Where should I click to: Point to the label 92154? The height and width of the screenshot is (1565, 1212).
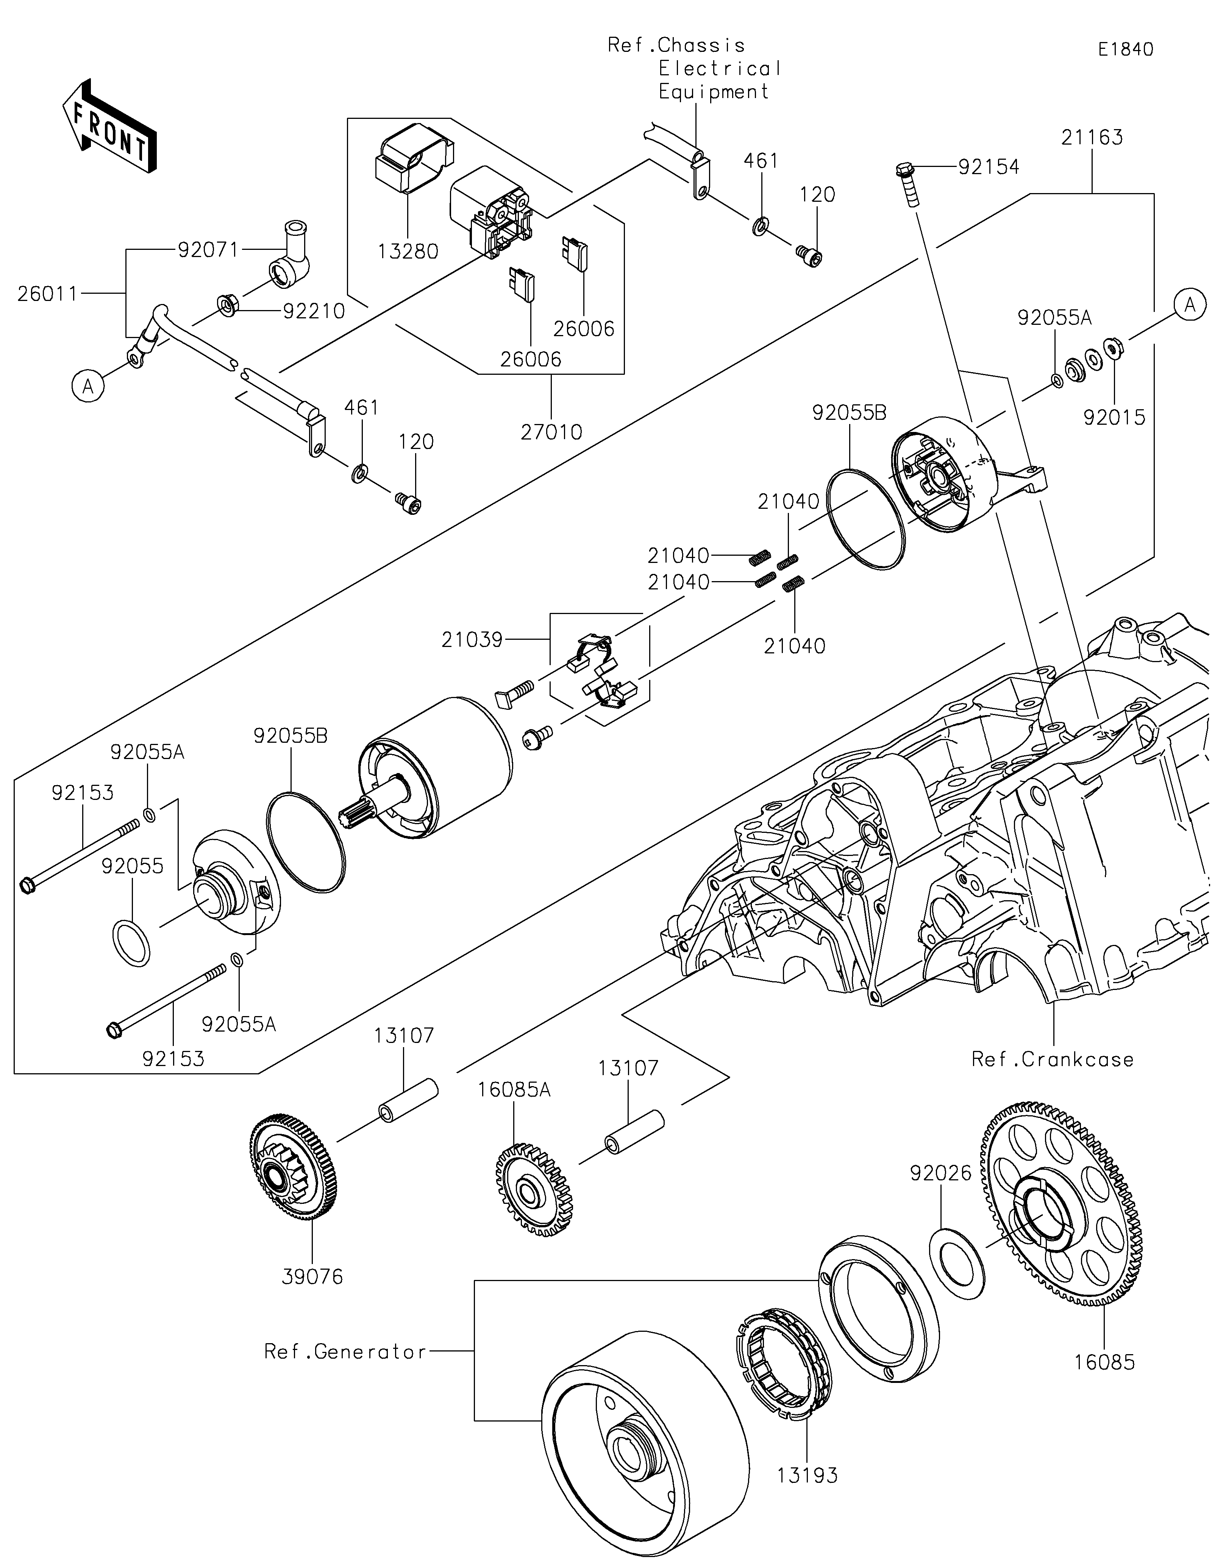(989, 167)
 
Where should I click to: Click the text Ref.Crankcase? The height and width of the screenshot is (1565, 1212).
(1052, 1059)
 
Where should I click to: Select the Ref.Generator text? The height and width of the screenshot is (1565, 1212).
(345, 1351)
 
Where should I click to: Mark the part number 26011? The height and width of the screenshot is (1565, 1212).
(47, 294)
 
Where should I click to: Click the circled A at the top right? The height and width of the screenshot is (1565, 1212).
(1190, 306)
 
